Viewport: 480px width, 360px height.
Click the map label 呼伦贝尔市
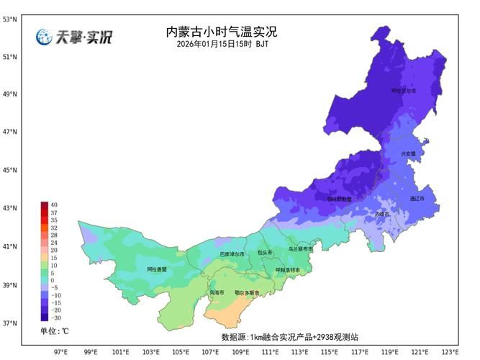point(404,91)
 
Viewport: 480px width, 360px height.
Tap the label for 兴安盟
point(409,153)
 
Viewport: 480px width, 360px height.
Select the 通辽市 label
point(417,198)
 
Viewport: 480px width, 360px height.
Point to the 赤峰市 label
point(381,214)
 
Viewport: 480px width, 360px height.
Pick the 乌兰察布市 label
point(301,248)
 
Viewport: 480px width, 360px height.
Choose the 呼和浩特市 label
point(288,270)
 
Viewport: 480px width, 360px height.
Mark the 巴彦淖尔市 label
point(232,254)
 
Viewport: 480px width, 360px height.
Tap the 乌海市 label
point(217,293)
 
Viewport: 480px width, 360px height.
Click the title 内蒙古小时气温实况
point(221,32)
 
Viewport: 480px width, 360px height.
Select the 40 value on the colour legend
point(54,205)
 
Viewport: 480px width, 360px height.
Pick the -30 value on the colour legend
point(55,318)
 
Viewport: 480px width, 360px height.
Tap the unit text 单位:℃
point(55,331)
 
